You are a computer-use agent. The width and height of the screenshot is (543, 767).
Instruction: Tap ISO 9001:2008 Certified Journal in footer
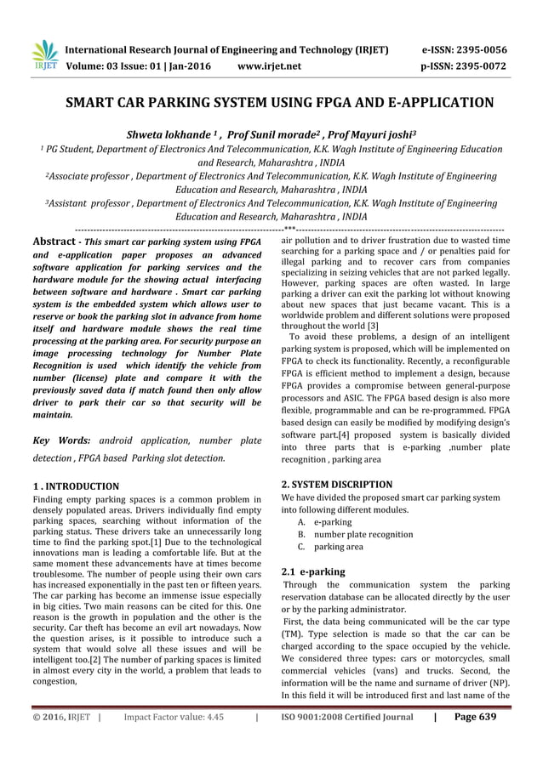[x=346, y=741]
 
